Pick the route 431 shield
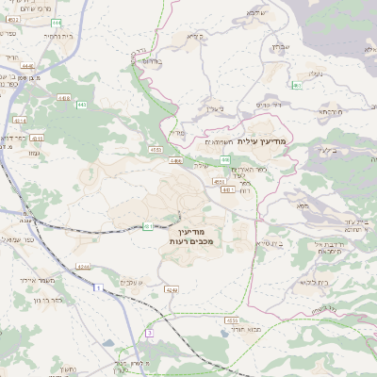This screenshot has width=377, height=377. point(148,226)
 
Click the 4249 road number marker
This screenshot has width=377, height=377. point(170,288)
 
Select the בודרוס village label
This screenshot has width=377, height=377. point(149,58)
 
